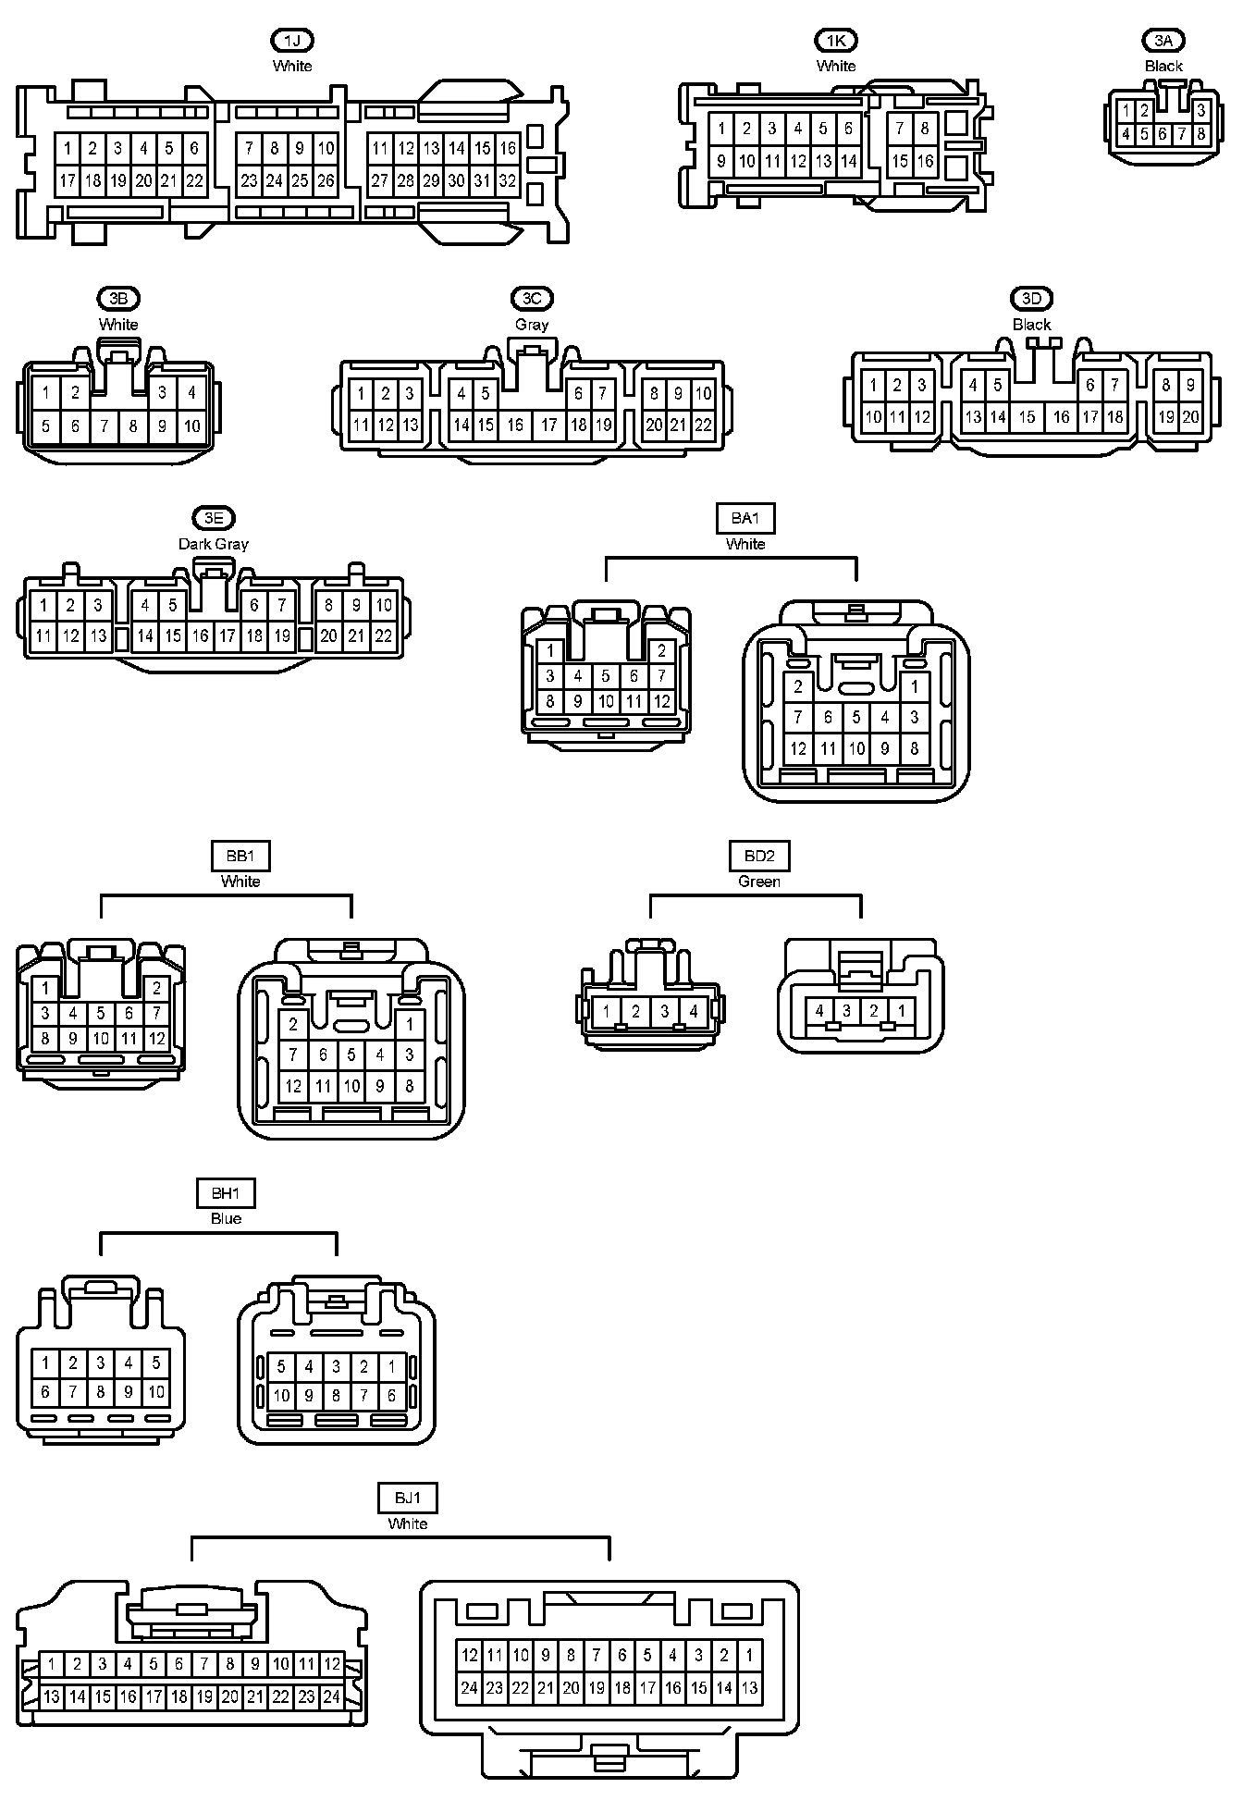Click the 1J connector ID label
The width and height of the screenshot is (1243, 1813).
pos(292,41)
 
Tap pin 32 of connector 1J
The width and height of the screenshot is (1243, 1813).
pos(507,181)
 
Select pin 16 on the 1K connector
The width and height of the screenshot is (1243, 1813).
pos(925,161)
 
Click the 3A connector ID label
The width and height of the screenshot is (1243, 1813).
pos(1163,41)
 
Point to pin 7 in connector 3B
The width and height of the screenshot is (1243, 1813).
pos(105,426)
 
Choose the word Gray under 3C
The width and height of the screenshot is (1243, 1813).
pos(532,325)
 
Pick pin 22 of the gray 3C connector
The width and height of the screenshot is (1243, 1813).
pos(703,425)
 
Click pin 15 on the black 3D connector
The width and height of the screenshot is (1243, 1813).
pos(1027,417)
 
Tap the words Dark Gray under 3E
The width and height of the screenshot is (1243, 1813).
pos(214,544)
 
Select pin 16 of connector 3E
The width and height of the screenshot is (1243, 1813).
pos(201,636)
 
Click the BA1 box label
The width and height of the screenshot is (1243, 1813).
pos(745,519)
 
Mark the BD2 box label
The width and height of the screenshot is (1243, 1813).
pos(759,857)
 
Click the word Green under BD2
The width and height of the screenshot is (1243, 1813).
pos(759,882)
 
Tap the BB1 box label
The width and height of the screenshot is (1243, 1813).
pos(240,857)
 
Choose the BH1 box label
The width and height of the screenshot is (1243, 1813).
pos(226,1193)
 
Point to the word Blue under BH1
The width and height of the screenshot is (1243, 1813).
pos(226,1218)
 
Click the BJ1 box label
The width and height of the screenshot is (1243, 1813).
pos(408,1498)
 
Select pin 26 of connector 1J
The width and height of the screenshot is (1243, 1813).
pos(326,181)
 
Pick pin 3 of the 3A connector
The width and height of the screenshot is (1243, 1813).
pos(1200,111)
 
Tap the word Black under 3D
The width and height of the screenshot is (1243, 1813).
pos(1032,325)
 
